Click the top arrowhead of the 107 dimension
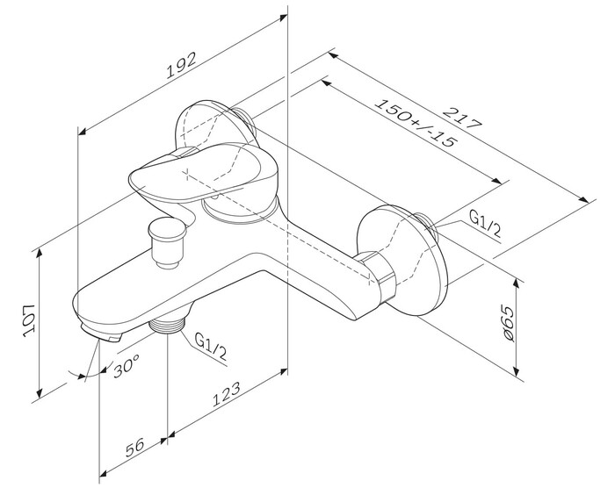pyautogui.click(x=41, y=253)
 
